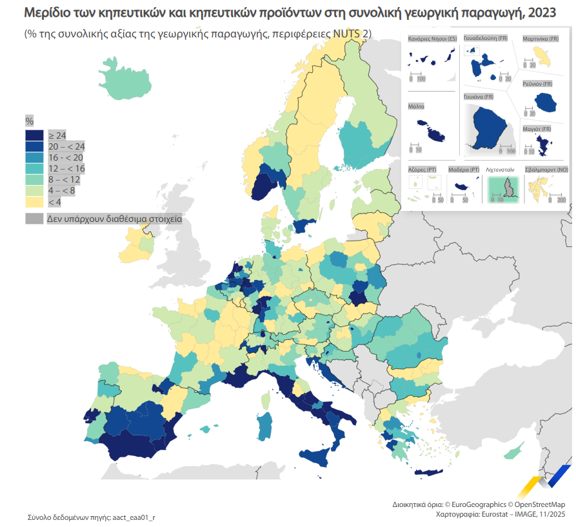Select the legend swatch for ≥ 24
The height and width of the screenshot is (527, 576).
click(35, 135)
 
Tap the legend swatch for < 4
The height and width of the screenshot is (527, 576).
click(35, 203)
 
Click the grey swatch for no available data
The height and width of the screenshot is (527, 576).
click(35, 219)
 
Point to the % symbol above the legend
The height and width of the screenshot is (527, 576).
click(29, 121)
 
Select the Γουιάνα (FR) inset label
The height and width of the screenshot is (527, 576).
click(478, 97)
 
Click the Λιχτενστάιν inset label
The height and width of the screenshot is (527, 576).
click(503, 169)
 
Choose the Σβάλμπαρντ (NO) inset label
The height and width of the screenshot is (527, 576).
click(546, 169)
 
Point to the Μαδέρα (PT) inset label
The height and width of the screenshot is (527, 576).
click(463, 169)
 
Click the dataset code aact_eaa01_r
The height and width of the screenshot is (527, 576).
click(134, 517)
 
